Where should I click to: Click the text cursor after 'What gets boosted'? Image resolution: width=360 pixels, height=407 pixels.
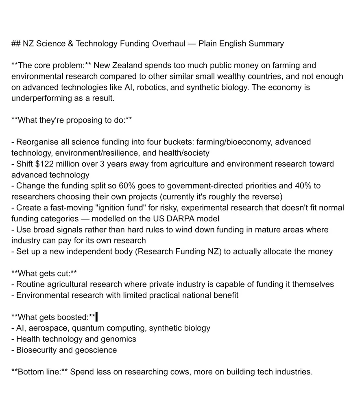click(x=96, y=317)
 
